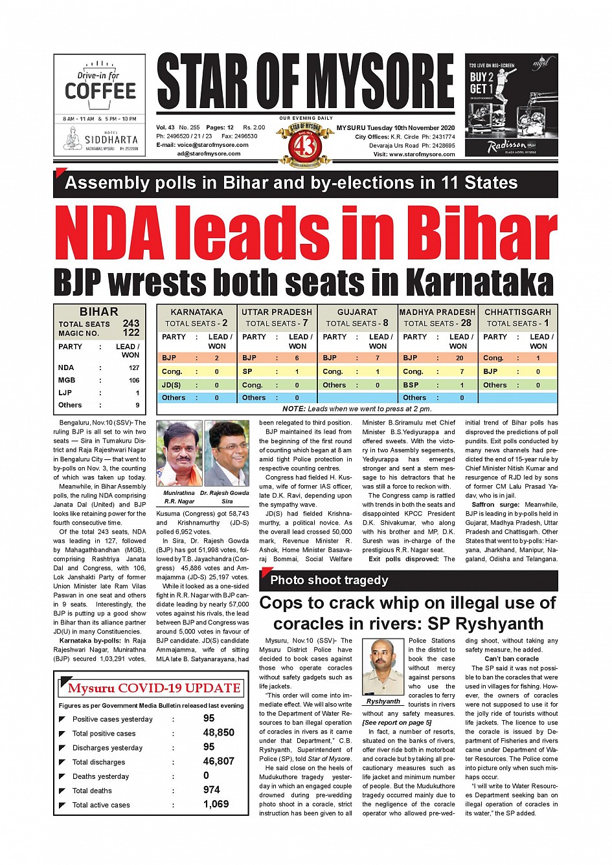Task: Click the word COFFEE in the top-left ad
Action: pos(100,91)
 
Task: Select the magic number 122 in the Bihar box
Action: pos(131,333)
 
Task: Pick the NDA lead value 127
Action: pos(134,367)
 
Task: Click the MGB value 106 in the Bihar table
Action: pos(134,380)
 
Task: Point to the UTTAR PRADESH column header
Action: pos(277,312)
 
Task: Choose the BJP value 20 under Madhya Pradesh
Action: pos(459,358)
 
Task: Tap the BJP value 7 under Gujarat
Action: pos(378,358)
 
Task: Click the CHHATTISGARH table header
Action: pos(517,312)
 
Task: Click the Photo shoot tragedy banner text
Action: pos(329,580)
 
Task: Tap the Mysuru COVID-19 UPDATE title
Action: pos(154,688)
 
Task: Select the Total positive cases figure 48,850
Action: pos(218,733)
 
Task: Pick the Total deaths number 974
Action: pos(211,790)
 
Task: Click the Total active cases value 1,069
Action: pos(216,804)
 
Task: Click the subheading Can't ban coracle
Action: pos(511,659)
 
